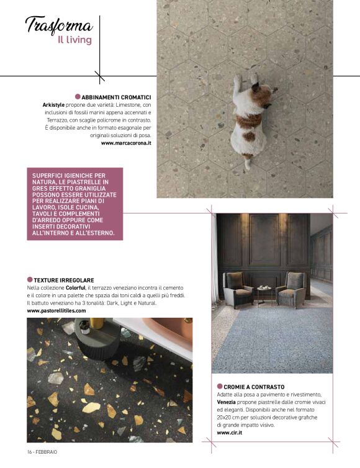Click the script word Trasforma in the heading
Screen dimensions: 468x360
(59, 26)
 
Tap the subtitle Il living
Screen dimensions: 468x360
(74, 40)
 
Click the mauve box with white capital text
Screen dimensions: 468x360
(75, 204)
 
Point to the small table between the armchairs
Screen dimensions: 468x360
(264, 292)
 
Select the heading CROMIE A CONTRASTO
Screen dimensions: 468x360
(254, 387)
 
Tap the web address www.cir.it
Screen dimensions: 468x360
(230, 433)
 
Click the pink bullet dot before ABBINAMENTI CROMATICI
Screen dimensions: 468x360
(78, 97)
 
